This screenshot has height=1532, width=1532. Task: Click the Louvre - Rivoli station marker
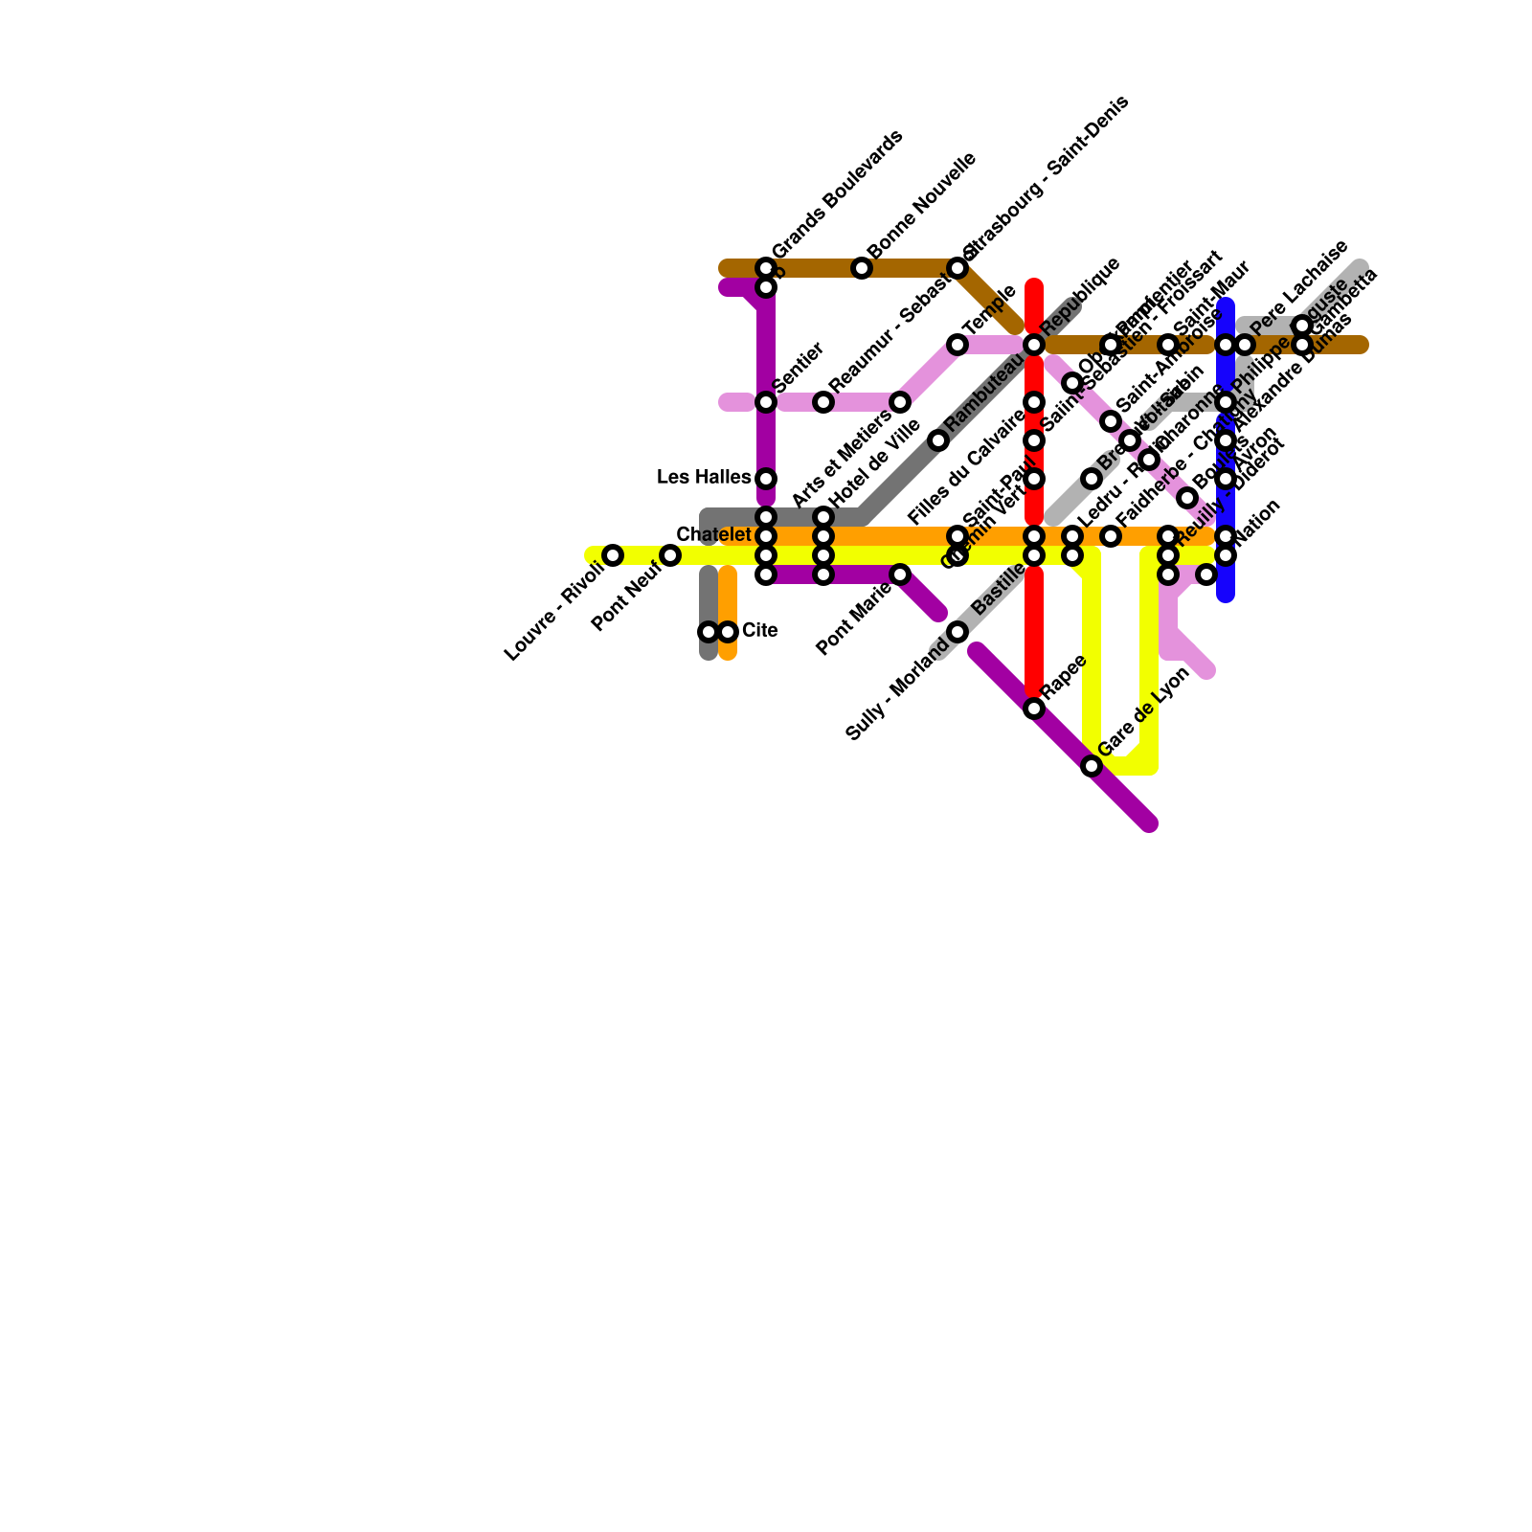[613, 555]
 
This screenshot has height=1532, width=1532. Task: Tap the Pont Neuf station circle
[670, 555]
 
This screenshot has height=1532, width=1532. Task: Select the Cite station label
[759, 631]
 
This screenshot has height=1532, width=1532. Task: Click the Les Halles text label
[704, 478]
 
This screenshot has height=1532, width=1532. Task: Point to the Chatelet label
[713, 534]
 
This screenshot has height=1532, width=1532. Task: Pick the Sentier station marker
[766, 402]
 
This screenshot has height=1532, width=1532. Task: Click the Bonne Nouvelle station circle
[862, 268]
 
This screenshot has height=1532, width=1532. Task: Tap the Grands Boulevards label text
[836, 194]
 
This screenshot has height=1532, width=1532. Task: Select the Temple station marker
[957, 345]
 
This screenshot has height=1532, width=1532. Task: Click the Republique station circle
[1034, 345]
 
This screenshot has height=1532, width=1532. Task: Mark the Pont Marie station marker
[900, 574]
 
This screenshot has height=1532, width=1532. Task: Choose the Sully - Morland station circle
[957, 632]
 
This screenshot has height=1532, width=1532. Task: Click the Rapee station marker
[1034, 709]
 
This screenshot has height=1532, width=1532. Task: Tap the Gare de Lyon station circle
[1092, 766]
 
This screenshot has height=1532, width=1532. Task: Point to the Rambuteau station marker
[938, 440]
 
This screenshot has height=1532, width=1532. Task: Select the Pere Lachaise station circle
[1245, 345]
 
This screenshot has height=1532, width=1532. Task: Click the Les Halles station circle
[766, 479]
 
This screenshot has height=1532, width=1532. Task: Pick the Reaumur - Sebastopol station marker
[823, 402]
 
